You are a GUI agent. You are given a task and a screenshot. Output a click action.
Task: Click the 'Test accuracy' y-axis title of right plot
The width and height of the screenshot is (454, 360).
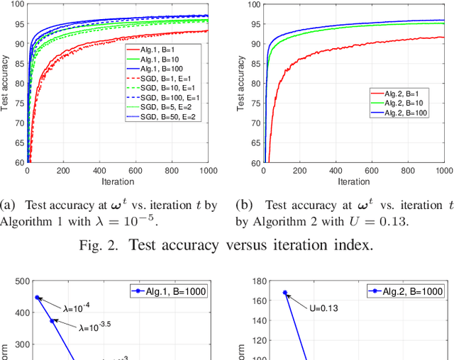coord(240,84)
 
